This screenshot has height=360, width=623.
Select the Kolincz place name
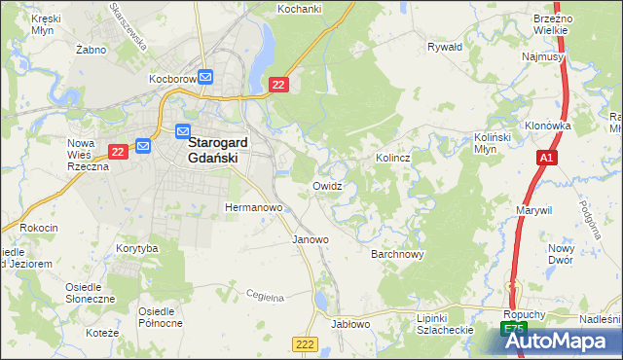[392, 157]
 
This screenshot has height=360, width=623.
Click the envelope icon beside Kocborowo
[206, 78]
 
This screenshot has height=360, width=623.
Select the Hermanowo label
[253, 208]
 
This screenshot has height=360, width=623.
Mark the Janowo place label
[311, 238]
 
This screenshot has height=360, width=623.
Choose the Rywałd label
[444, 46]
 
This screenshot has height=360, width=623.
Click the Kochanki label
[300, 9]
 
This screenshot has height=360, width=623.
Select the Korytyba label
[136, 249]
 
